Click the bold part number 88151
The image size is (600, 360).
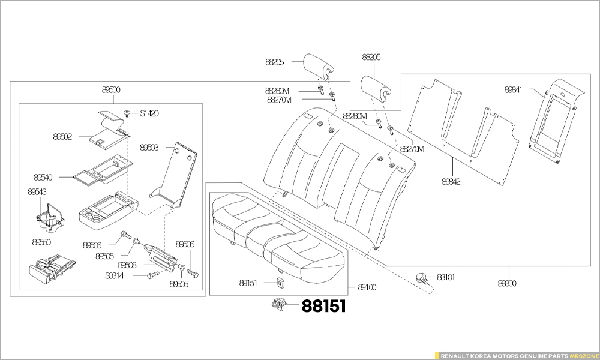[323, 306]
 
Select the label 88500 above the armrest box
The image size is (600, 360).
[110, 90]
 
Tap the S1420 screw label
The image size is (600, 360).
[149, 113]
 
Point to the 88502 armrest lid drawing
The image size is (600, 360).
[108, 129]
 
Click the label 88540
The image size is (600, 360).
[43, 178]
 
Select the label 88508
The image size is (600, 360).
[127, 265]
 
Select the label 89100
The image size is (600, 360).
[367, 287]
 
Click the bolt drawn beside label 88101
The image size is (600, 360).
[423, 277]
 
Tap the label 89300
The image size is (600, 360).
[508, 282]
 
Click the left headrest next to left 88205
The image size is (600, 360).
[318, 65]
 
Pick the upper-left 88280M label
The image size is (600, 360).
[277, 91]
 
